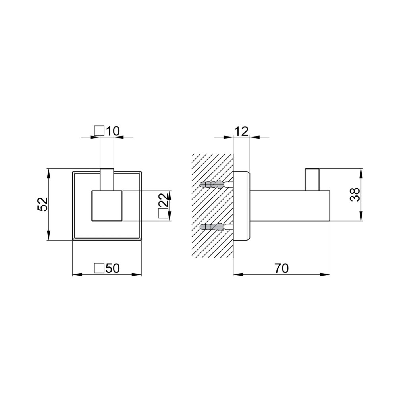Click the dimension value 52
tap(43, 204)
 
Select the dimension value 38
tap(355, 195)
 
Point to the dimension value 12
tap(241, 131)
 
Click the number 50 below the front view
tap(112, 268)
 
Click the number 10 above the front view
tap(113, 131)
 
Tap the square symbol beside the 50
tap(99, 268)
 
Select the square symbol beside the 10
tap(99, 131)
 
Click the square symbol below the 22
tap(163, 214)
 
